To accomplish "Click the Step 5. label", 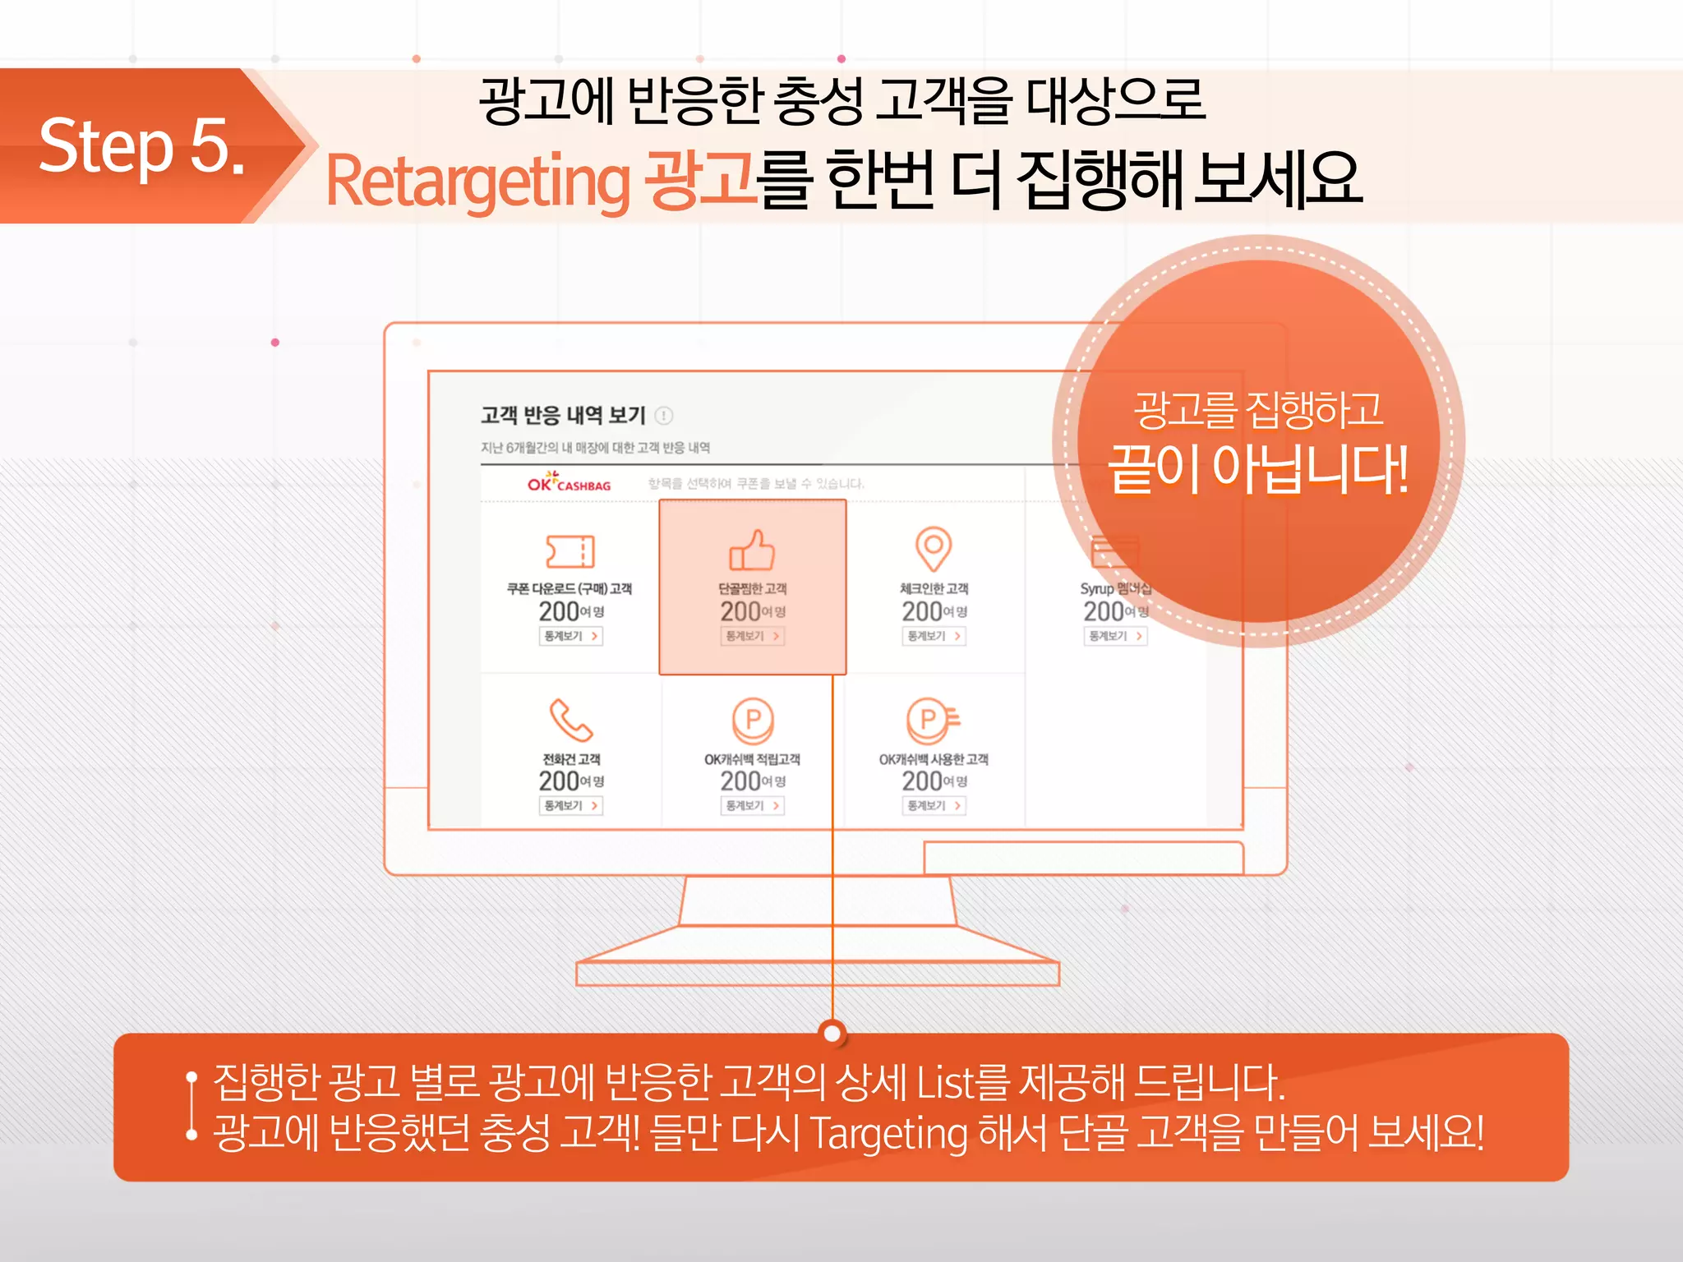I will pyautogui.click(x=141, y=146).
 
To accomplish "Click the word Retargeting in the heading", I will pyautogui.click(x=477, y=181).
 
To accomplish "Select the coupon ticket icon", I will pyautogui.click(x=570, y=551).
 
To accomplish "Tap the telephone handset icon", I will pyautogui.click(x=570, y=720).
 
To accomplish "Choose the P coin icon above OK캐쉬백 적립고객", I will pyautogui.click(x=753, y=720).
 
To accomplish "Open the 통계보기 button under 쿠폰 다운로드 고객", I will pyautogui.click(x=571, y=636).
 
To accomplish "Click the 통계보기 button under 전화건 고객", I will pyautogui.click(x=571, y=806).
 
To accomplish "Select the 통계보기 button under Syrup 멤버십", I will pyautogui.click(x=1115, y=636).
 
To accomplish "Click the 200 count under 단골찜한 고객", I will pyautogui.click(x=740, y=611).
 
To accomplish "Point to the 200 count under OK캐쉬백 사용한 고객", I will pyautogui.click(x=922, y=781).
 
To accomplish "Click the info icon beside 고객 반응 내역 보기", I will pyautogui.click(x=664, y=416).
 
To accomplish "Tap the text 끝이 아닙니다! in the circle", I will pyautogui.click(x=1258, y=469).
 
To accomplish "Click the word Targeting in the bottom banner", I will pyautogui.click(x=889, y=1134).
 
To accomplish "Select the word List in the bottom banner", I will pyautogui.click(x=945, y=1082).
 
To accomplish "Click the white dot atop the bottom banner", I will pyautogui.click(x=832, y=1033).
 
